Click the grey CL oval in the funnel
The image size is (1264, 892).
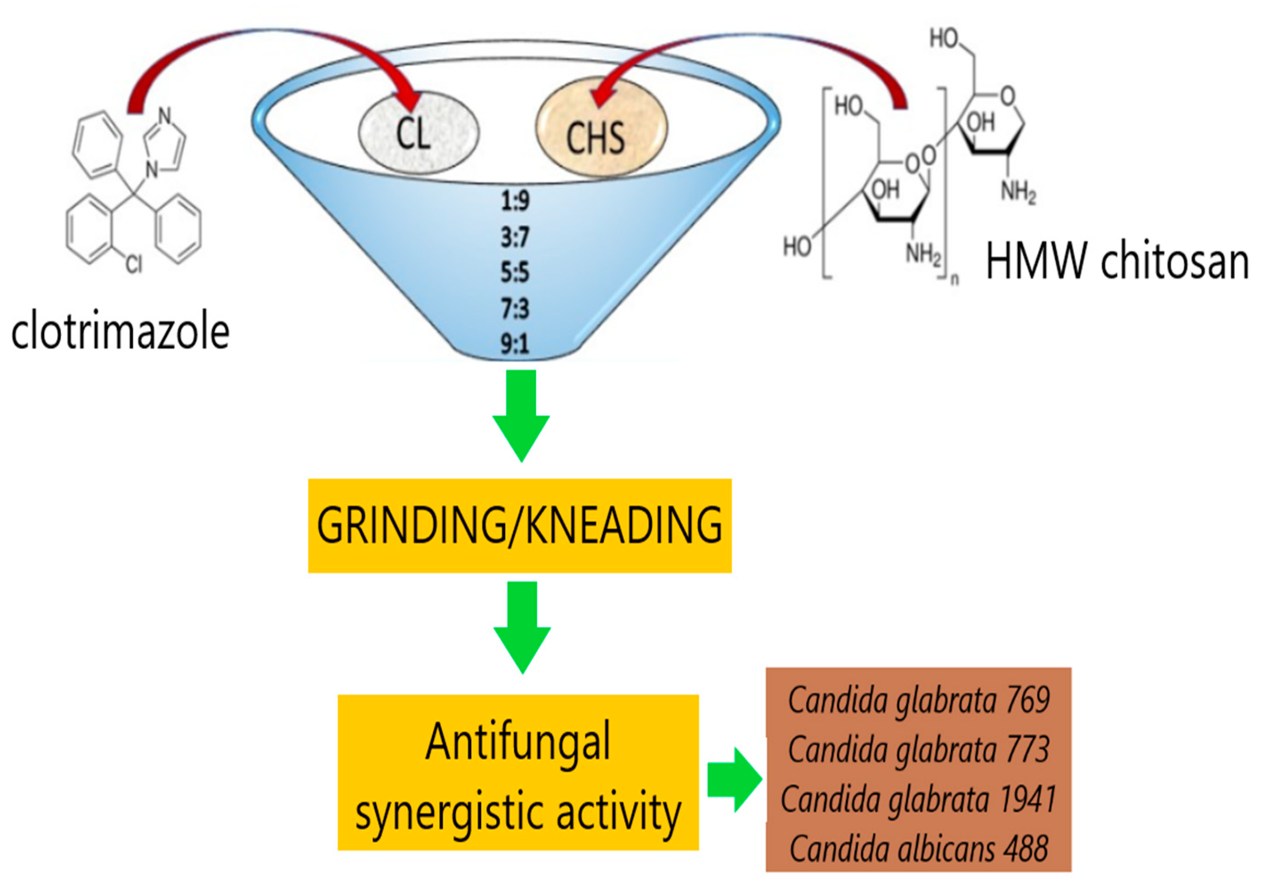point(418,133)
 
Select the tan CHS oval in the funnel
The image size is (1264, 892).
point(601,127)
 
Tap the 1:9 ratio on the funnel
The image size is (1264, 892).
point(515,200)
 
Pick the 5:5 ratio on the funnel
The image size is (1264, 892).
point(515,272)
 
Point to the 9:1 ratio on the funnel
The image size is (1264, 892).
point(515,344)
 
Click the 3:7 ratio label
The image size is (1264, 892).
point(515,237)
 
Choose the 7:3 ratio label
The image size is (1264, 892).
point(515,308)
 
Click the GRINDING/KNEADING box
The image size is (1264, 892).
point(519,525)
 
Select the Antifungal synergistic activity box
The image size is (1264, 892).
point(518,773)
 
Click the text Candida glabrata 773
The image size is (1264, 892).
point(918,750)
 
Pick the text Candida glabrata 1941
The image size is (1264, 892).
point(918,799)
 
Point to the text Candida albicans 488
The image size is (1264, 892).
point(918,848)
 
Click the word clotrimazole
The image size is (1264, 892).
point(120,332)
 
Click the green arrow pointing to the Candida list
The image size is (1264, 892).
point(734,780)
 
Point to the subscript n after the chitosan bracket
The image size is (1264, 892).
point(955,279)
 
